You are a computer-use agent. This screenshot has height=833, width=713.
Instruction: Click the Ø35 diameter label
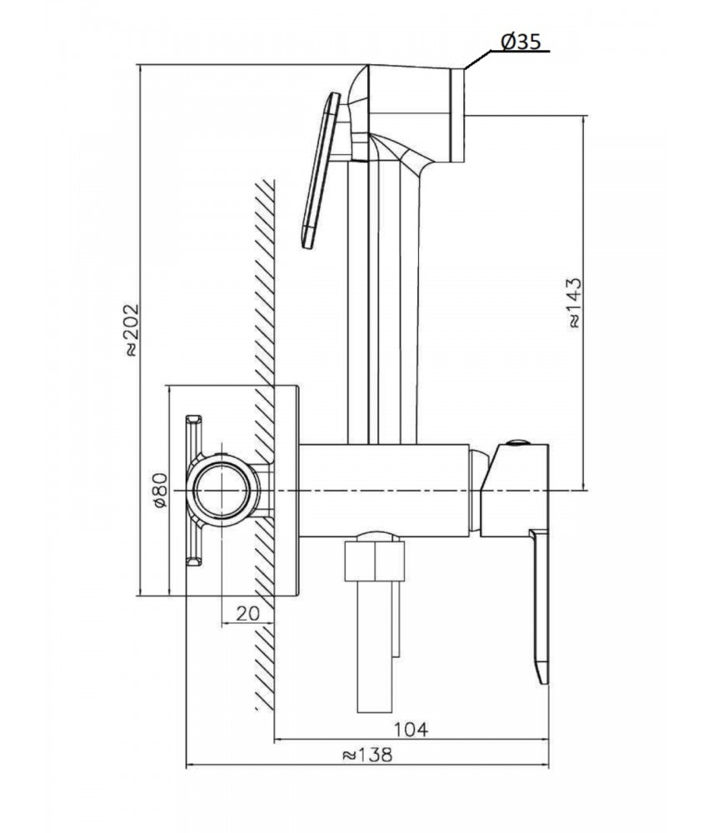point(521,42)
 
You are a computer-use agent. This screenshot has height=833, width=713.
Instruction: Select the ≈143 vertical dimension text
point(575,303)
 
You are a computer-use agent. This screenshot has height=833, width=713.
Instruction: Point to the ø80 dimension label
point(160,490)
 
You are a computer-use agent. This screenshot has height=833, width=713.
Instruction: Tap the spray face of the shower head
point(458,115)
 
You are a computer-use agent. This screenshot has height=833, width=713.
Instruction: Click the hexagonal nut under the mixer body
point(374,561)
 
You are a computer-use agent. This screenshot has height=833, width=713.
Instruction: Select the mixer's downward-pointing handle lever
point(539,606)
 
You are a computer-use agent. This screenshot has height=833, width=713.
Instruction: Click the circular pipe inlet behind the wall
point(222,490)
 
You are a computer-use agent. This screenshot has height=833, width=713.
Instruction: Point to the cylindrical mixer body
point(385,489)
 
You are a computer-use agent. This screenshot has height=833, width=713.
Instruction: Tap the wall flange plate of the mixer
point(287,490)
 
